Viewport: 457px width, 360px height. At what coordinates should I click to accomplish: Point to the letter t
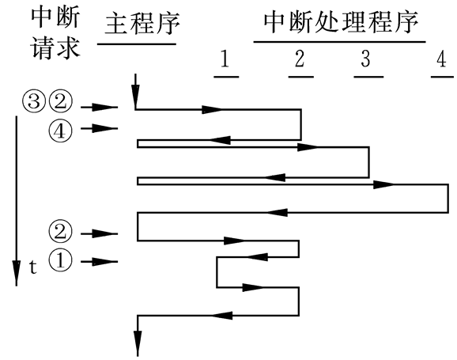click(32, 267)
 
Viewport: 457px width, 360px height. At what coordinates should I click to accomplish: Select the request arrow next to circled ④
click(100, 128)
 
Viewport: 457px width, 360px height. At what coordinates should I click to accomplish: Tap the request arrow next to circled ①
click(100, 262)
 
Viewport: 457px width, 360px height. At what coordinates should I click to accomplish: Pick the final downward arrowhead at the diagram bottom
click(138, 342)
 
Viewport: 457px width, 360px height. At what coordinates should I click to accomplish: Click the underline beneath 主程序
click(136, 44)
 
